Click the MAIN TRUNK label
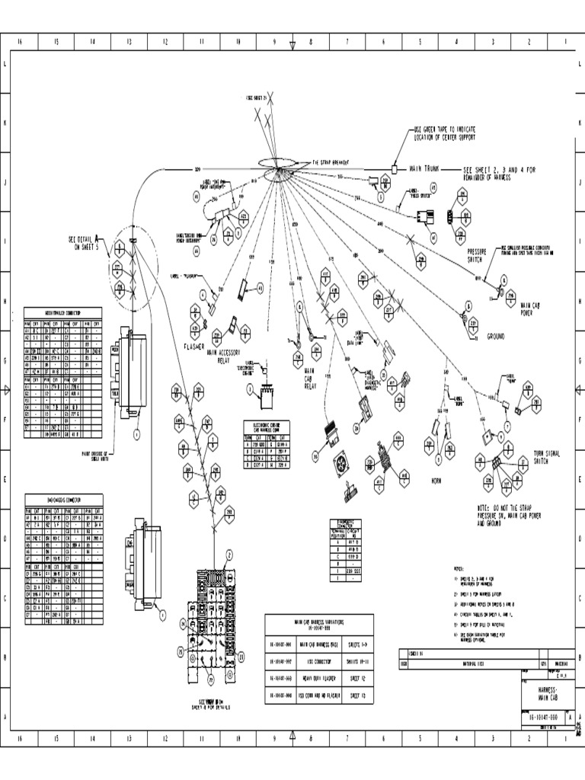(427, 168)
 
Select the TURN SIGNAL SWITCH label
(546, 456)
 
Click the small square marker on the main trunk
(396, 168)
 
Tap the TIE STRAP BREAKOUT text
(335, 162)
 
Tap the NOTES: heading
(459, 569)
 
